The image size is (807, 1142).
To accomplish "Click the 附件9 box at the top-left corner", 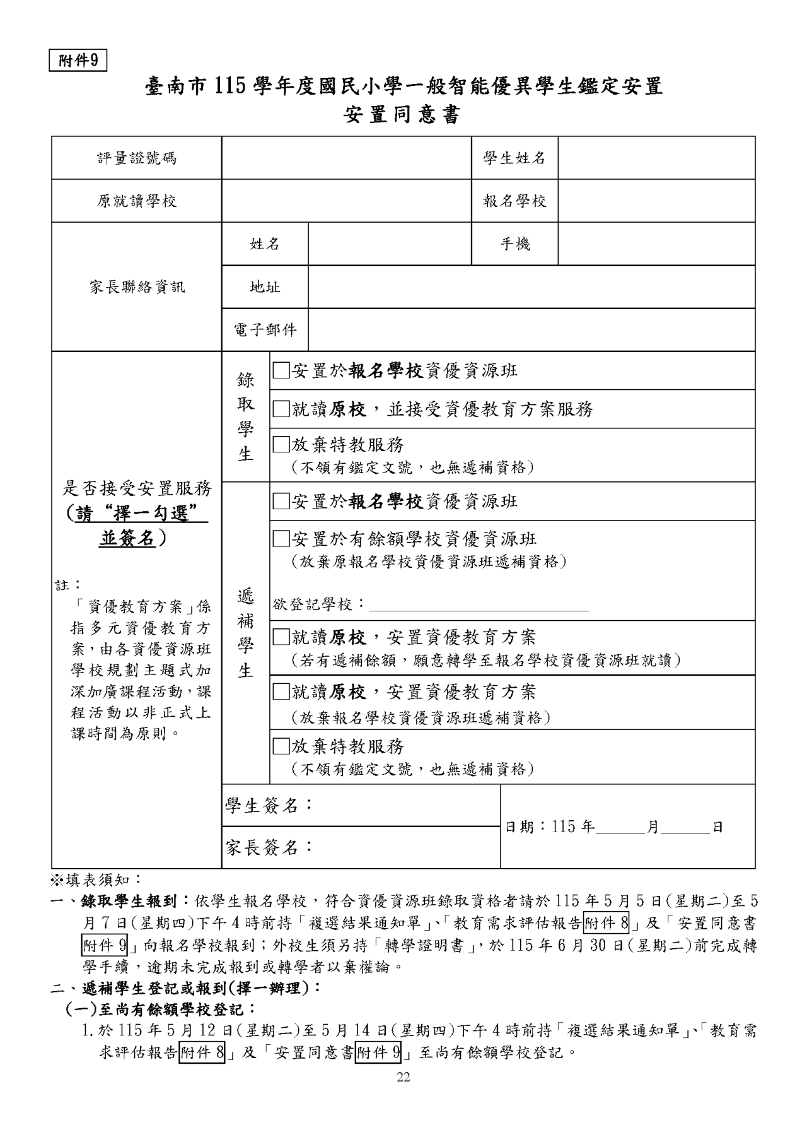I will (x=78, y=61).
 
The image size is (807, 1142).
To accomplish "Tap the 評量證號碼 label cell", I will (x=137, y=158).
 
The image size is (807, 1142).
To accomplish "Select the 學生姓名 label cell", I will (x=514, y=158).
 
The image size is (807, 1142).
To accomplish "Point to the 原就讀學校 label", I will (x=137, y=201).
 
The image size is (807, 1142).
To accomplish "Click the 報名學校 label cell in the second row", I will (x=514, y=201).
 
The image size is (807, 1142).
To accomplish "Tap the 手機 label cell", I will (x=514, y=244).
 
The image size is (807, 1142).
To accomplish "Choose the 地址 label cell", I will (x=265, y=287).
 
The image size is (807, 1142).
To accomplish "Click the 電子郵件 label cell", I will (x=265, y=330).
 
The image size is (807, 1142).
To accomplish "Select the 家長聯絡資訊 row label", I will (x=137, y=287).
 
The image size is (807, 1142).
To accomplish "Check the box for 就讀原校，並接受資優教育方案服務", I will (x=281, y=409).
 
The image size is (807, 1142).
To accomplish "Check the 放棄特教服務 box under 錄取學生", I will (x=281, y=445).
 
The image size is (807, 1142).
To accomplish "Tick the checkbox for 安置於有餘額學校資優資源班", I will (x=281, y=539).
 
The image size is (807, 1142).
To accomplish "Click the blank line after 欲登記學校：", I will (x=479, y=606).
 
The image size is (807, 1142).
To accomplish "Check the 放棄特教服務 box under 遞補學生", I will (x=281, y=746).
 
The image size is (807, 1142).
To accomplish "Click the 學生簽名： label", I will (x=269, y=806).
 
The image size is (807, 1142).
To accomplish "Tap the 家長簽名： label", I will (x=269, y=847).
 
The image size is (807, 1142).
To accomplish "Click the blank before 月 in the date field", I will (x=620, y=827).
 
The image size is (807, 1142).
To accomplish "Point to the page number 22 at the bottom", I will (x=403, y=1078).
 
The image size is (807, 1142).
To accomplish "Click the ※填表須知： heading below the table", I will (x=97, y=879).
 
